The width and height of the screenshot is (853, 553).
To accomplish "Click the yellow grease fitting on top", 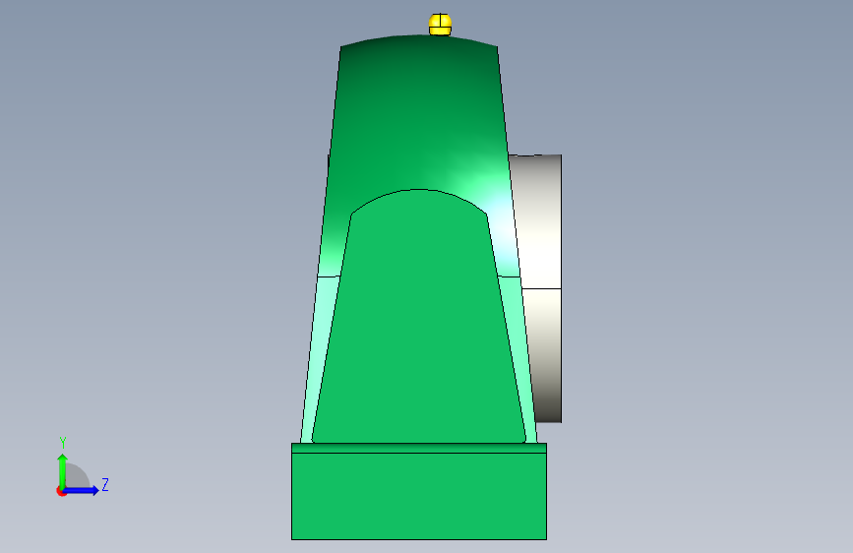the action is (440, 25).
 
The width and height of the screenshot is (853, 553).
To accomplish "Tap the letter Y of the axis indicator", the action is (63, 443).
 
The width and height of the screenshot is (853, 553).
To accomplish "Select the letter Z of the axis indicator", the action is (105, 484).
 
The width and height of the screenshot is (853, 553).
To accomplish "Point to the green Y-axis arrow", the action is (63, 471).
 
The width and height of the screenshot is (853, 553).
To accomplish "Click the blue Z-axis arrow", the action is (81, 490).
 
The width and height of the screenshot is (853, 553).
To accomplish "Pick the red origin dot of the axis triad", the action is (61, 491).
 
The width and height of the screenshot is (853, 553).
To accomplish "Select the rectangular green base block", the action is (419, 496).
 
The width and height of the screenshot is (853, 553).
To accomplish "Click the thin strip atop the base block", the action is (419, 448).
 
